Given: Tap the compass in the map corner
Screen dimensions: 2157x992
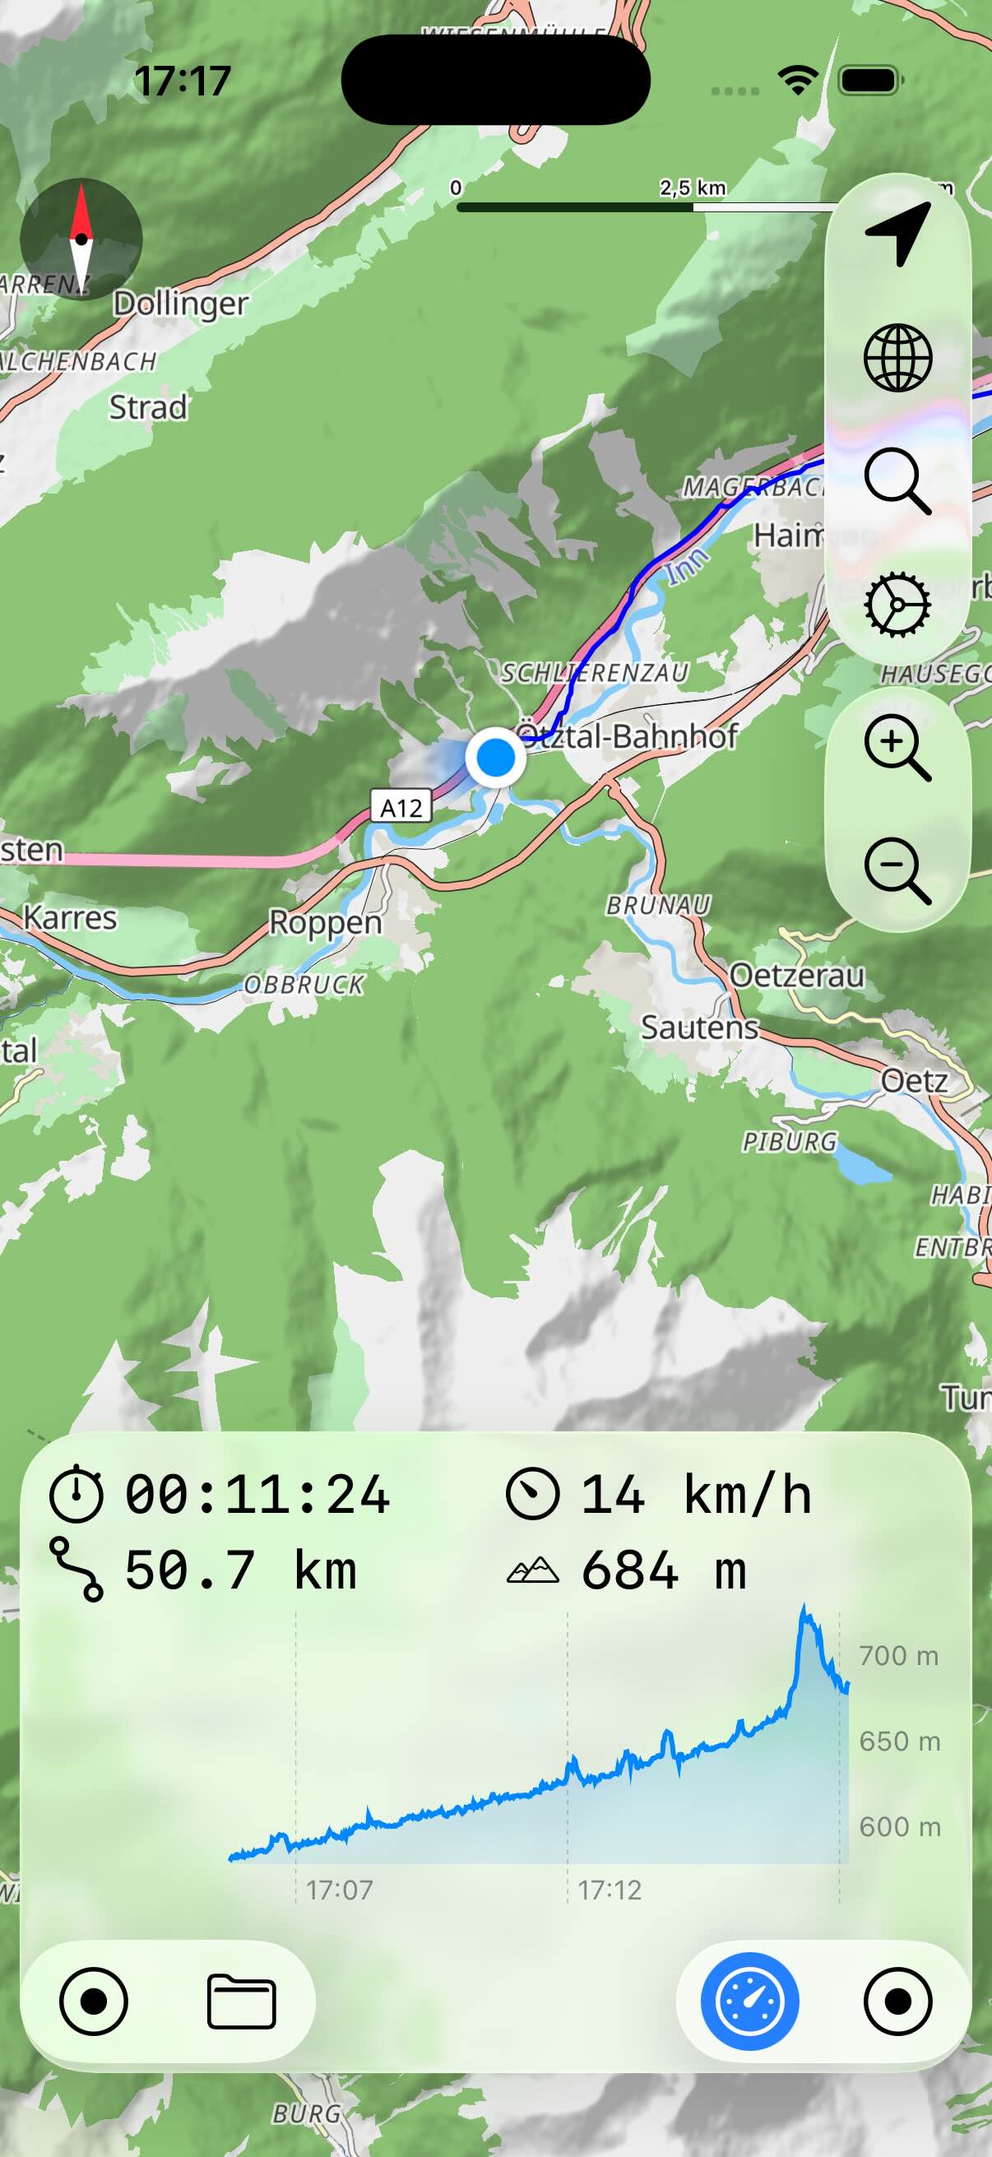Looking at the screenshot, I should click(81, 239).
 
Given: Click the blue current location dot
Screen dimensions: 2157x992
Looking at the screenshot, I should click(495, 757).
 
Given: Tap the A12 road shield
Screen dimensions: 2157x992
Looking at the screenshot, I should click(401, 807).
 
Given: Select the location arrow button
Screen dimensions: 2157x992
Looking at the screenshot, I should click(897, 234).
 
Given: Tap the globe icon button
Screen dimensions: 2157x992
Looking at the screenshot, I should click(897, 359).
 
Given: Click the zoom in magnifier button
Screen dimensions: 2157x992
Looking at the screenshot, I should click(897, 747).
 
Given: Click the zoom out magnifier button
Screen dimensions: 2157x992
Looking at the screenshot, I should click(897, 870).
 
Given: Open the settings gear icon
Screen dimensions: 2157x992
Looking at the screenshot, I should click(897, 605).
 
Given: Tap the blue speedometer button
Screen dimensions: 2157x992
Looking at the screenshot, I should click(749, 2002).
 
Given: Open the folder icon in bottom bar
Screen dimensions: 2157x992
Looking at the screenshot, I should click(241, 2002).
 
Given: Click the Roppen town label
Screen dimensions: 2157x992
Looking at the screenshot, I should click(325, 922).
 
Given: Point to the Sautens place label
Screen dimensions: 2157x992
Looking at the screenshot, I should click(699, 1027).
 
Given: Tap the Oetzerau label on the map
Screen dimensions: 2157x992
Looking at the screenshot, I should click(796, 976).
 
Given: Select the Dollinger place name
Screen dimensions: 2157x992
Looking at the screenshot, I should click(181, 303).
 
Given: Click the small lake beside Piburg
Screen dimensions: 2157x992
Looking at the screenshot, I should click(860, 1164).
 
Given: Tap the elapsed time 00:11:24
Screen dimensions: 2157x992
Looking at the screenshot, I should click(257, 1495).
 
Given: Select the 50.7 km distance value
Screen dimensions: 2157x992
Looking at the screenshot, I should click(240, 1570).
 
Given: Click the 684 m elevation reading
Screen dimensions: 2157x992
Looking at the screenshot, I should click(663, 1570).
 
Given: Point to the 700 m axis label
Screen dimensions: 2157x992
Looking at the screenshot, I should click(898, 1655).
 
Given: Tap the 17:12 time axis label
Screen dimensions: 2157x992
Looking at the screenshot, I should click(610, 1890).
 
